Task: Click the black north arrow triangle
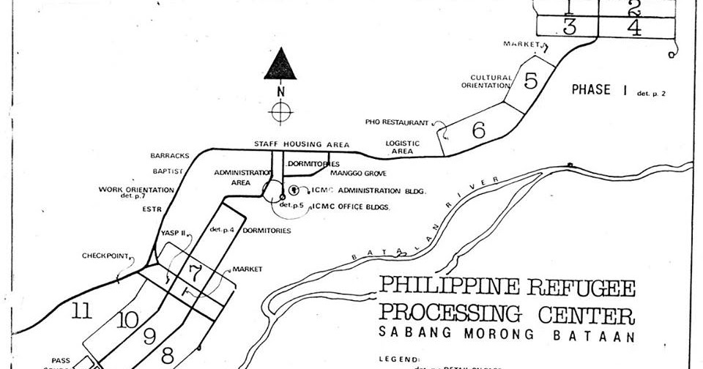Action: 280,65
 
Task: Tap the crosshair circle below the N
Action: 280,113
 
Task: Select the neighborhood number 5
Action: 532,80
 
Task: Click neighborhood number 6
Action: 479,130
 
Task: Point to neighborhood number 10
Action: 126,320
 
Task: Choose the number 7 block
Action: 194,274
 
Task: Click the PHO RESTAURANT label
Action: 396,122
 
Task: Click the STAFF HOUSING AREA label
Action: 302,144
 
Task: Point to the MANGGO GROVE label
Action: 358,174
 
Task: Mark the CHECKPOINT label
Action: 105,256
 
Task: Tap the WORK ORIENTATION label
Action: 137,190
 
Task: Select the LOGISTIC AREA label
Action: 403,147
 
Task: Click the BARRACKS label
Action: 170,156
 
